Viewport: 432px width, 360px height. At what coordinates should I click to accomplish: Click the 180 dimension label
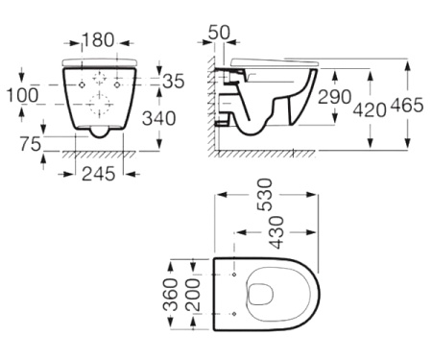tap(98, 39)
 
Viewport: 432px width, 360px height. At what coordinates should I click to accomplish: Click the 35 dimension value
tap(174, 81)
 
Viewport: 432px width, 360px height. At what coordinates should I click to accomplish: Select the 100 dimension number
tap(22, 95)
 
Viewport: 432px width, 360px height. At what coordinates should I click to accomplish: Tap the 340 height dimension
tap(159, 118)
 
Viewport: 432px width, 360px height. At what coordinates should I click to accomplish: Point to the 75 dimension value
tap(31, 143)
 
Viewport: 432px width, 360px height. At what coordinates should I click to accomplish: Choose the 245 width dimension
tap(98, 174)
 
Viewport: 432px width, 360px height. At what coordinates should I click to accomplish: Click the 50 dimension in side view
tap(219, 33)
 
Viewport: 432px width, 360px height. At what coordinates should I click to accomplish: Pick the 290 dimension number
tap(334, 97)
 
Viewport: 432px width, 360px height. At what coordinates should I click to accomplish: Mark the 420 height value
tap(370, 109)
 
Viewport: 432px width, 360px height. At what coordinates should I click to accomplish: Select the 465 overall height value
tap(407, 105)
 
